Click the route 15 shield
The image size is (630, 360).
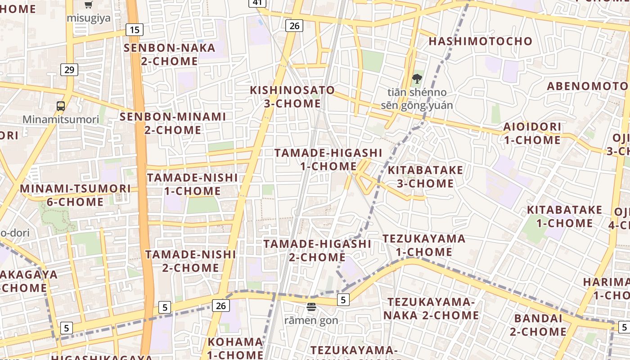[135, 30]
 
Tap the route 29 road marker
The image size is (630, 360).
[69, 70]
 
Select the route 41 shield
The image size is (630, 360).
[257, 3]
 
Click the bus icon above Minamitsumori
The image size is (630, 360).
[61, 106]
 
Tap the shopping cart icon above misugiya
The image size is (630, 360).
[89, 4]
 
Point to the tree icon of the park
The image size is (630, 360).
[417, 79]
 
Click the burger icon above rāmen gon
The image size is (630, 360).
[311, 307]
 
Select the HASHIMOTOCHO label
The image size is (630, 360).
[481, 41]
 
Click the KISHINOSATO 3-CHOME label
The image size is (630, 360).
[292, 97]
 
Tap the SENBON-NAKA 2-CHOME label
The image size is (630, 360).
[170, 54]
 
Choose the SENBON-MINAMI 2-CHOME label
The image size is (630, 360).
[173, 123]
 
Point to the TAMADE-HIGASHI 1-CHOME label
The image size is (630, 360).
[328, 160]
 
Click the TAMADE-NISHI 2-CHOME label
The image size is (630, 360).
[191, 261]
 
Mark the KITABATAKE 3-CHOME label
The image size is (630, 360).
[425, 177]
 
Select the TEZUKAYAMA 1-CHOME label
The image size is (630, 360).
[424, 245]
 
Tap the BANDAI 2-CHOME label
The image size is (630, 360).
[538, 325]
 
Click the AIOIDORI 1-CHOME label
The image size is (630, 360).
[532, 133]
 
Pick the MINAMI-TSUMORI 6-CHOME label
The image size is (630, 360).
[76, 195]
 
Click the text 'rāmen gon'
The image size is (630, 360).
[311, 320]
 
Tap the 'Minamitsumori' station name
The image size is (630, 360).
[61, 120]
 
